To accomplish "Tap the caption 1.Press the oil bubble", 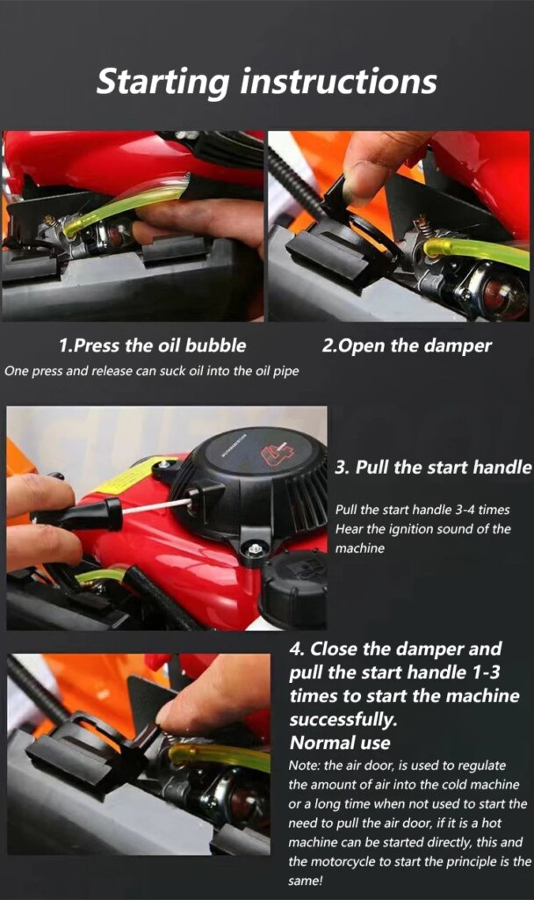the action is point(152,345).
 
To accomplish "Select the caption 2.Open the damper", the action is point(407,346).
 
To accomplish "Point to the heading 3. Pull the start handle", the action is point(433,468).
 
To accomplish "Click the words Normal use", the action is point(340,743).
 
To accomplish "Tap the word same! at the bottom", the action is point(306,881).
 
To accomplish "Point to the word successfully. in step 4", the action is point(343,719).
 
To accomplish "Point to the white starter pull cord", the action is point(157,506).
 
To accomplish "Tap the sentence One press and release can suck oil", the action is point(151,372).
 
